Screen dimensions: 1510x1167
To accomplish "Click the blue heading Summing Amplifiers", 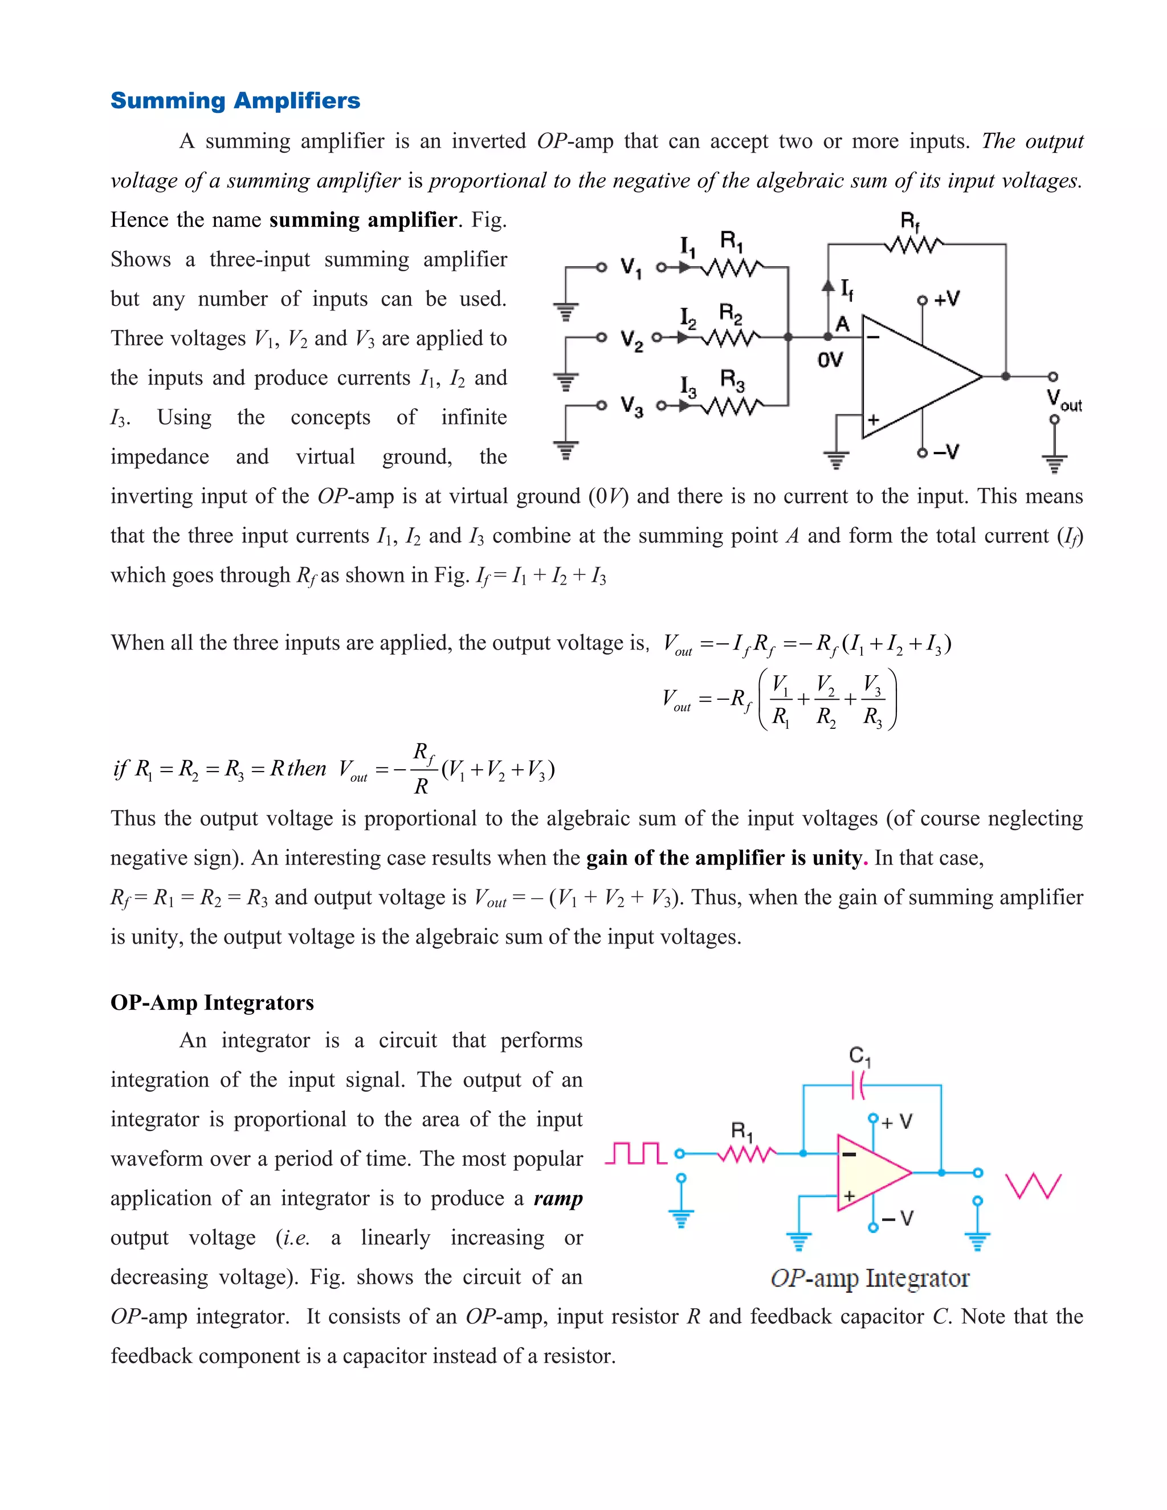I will [x=235, y=100].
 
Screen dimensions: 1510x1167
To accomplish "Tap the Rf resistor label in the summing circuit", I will [x=910, y=223].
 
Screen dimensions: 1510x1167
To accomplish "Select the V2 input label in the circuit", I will [x=631, y=340].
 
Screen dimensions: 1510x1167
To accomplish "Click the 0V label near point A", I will [x=830, y=360].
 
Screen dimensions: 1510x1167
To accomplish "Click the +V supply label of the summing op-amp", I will [x=946, y=299].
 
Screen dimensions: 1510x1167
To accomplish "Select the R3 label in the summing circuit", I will [x=732, y=379].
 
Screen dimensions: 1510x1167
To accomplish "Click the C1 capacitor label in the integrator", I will [x=859, y=1055].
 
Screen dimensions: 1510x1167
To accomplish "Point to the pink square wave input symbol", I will [x=635, y=1153].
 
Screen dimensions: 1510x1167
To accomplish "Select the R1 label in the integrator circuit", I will [x=742, y=1132].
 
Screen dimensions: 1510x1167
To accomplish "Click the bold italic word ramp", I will [x=558, y=1198].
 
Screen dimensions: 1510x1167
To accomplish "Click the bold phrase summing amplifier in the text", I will [x=363, y=220].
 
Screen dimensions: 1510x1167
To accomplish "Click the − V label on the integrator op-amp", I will [x=897, y=1218].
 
